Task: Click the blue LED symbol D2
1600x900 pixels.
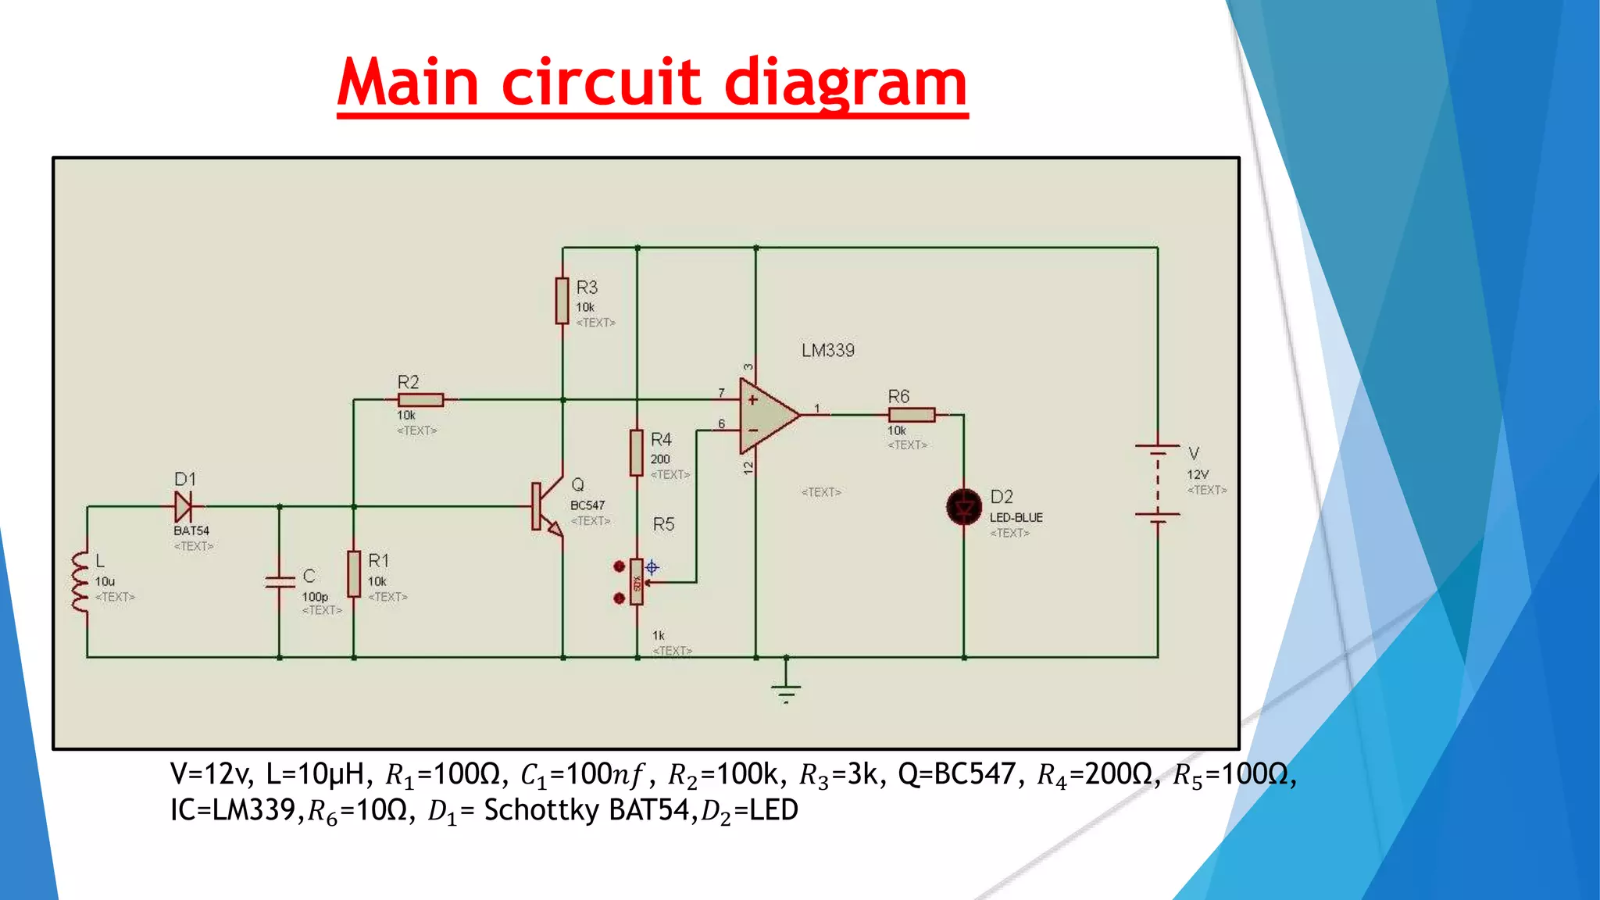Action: (964, 508)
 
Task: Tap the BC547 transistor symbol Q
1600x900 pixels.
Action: (547, 506)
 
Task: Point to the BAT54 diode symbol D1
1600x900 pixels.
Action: (184, 506)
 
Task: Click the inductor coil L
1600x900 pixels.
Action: (80, 582)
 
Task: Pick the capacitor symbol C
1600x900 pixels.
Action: (280, 582)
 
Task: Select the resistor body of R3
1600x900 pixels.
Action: (562, 300)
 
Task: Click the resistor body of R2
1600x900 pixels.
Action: (420, 400)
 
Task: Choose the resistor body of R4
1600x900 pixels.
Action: (637, 452)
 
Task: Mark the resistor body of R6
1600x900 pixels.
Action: (912, 415)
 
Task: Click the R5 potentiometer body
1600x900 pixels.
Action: (637, 582)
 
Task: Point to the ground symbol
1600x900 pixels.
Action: (786, 689)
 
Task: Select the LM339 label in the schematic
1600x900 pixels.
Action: (828, 351)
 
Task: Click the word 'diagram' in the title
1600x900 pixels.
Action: (846, 84)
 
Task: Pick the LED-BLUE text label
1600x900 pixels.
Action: (1016, 518)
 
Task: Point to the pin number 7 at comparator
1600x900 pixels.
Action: (721, 393)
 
